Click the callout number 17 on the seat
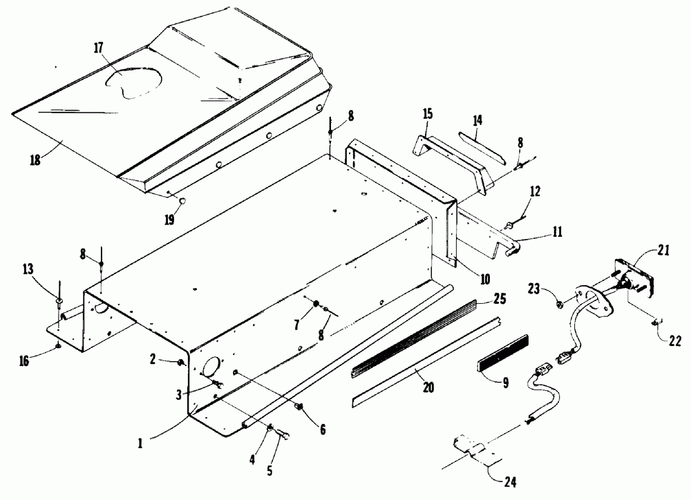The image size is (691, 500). tap(99, 48)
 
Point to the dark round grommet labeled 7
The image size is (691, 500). tap(315, 306)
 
